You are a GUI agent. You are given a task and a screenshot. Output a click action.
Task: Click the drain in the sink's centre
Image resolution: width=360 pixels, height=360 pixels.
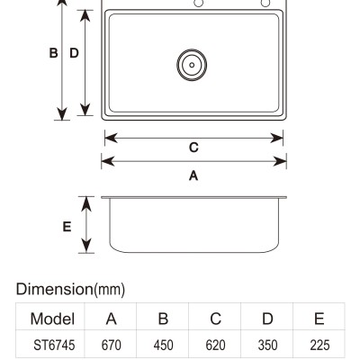(x=192, y=65)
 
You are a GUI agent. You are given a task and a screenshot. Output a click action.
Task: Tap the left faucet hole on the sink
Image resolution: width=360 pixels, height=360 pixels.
(x=199, y=3)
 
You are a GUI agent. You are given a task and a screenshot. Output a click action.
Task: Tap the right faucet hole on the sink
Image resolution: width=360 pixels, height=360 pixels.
(x=265, y=3)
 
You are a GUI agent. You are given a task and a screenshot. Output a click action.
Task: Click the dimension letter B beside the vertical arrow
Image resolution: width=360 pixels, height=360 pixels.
(x=53, y=53)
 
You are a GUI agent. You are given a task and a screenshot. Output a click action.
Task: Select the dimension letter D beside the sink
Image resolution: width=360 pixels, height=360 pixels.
(x=74, y=53)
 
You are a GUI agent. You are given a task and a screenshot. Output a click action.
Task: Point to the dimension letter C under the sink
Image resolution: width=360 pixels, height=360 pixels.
(x=193, y=148)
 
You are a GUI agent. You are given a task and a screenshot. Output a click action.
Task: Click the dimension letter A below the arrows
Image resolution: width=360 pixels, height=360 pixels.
(x=193, y=175)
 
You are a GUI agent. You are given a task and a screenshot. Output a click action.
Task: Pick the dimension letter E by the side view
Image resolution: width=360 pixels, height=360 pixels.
(x=67, y=227)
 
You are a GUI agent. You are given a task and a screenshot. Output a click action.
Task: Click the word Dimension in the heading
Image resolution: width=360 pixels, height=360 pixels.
(x=55, y=289)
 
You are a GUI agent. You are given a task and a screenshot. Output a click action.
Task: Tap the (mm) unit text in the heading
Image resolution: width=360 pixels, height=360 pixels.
(x=110, y=290)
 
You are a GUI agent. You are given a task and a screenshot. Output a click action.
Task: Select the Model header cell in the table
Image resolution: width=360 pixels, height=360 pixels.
(x=52, y=319)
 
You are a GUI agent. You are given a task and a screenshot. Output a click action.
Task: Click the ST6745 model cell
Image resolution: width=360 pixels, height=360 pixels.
(x=54, y=345)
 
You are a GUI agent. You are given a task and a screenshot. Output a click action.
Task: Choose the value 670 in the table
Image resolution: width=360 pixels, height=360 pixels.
(x=112, y=345)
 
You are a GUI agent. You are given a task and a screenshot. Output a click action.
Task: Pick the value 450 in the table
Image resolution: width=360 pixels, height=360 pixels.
(x=164, y=345)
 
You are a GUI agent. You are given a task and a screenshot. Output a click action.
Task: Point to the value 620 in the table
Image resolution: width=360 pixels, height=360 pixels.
(x=215, y=345)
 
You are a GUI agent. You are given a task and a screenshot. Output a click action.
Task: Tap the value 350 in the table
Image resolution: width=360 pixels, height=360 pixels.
(x=267, y=345)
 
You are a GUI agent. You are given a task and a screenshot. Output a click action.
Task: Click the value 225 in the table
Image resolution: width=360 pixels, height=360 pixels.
(x=319, y=345)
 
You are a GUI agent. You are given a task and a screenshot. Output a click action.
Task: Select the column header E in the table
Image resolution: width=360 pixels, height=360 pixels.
(x=319, y=319)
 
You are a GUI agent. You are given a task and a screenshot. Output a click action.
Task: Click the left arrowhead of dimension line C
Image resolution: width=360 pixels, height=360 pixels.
(x=111, y=139)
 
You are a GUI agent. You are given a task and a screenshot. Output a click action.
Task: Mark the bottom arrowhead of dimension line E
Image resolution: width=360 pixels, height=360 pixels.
(x=86, y=246)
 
